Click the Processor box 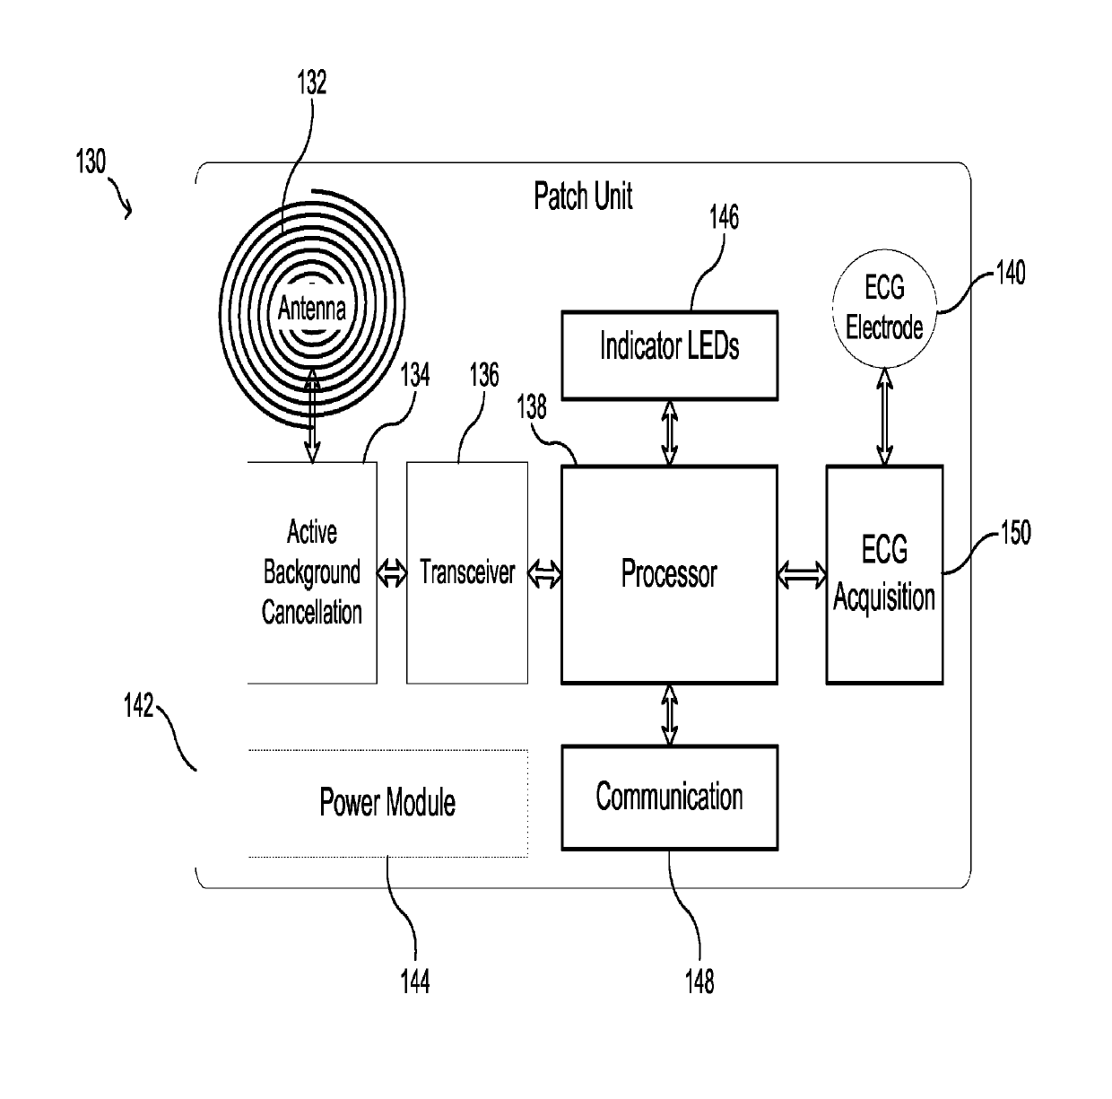[669, 575]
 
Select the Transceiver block [467, 573]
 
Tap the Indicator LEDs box [669, 355]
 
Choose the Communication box [669, 797]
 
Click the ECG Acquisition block [884, 575]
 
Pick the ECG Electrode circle [884, 309]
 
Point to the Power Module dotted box [387, 803]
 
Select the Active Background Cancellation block [312, 573]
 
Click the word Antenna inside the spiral [312, 308]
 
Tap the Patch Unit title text [583, 196]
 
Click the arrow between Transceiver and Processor [544, 574]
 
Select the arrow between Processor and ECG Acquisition [802, 575]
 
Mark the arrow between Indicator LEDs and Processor [669, 432]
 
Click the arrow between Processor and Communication [669, 715]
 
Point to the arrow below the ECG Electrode [884, 416]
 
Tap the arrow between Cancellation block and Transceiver [392, 573]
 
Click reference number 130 [91, 161]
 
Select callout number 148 [699, 981]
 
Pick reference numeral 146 [725, 217]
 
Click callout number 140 [1011, 273]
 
